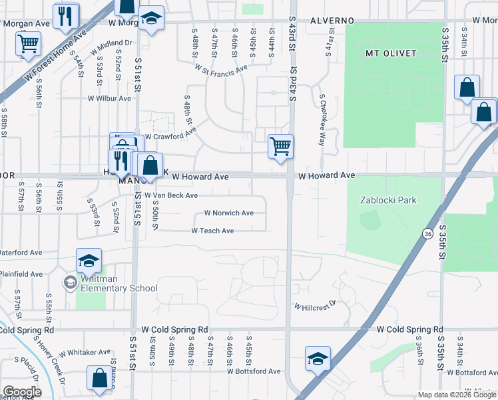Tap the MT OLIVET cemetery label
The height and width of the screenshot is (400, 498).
click(391, 53)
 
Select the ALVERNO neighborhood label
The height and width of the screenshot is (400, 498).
click(332, 21)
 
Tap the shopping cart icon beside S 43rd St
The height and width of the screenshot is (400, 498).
click(280, 146)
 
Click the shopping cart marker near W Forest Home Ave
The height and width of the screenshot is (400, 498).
click(28, 44)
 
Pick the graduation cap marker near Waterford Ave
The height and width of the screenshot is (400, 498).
click(89, 261)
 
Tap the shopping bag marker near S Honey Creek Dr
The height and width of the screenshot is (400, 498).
click(99, 378)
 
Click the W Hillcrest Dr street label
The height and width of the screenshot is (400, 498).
click(317, 306)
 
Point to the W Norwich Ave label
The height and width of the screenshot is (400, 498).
click(228, 213)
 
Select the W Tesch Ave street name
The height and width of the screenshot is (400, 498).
click(212, 231)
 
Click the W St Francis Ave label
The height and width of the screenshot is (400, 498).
click(221, 67)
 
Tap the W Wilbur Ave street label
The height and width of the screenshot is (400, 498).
click(109, 98)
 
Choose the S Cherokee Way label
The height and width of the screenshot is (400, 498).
click(322, 120)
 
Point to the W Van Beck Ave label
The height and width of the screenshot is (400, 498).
click(171, 195)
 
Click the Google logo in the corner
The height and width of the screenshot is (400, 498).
click(21, 392)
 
